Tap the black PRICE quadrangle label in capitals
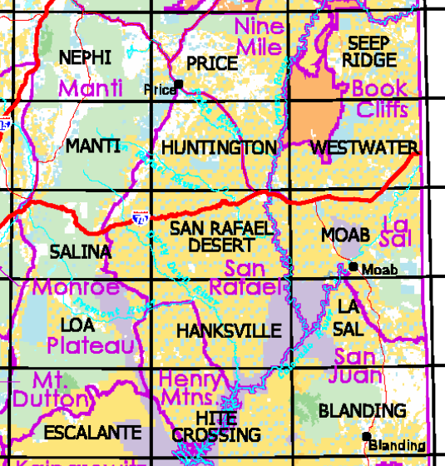[x=212, y=63]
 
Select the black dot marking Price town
[x=178, y=84]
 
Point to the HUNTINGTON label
[x=219, y=148]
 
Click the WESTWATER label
[x=363, y=148]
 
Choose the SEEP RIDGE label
[x=370, y=52]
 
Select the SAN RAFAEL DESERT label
[x=220, y=236]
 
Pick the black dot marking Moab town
[x=354, y=266]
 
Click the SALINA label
[x=80, y=251]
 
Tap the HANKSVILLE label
[x=229, y=331]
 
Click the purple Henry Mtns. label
[x=191, y=388]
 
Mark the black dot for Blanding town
[x=366, y=436]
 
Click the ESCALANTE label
[x=92, y=433]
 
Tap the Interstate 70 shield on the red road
[x=136, y=221]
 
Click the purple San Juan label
[x=362, y=367]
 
